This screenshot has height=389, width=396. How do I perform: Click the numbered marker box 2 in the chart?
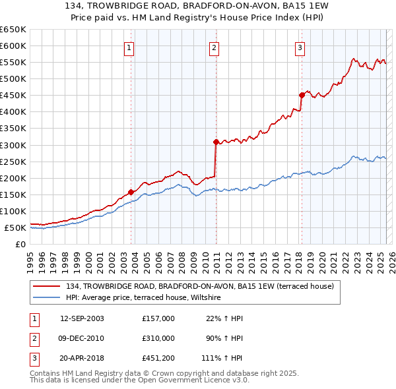pos(214,47)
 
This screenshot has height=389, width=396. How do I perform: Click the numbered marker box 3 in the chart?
pos(300,47)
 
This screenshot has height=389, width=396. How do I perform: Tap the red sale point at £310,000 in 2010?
pos(216,141)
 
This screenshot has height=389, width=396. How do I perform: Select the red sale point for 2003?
pos(131,192)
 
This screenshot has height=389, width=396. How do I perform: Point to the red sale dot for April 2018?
pos(302,94)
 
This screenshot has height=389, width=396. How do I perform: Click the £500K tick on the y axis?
pos(13,78)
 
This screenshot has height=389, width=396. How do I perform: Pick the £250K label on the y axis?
pos(13,162)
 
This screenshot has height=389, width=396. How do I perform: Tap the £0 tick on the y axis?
pos(20,244)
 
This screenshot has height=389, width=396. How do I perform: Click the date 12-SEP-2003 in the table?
pos(82,318)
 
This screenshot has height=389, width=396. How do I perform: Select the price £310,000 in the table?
pos(158,338)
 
